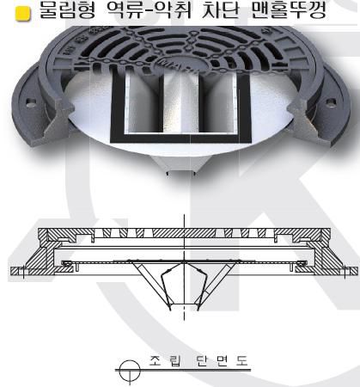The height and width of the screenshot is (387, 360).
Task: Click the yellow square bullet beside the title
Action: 22,14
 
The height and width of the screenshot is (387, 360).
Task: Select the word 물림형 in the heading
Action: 67,10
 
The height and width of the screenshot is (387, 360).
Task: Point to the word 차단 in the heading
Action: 221,10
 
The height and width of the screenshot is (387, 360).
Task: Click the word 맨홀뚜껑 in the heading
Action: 289,10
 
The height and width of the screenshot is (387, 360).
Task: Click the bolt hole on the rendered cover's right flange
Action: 331,101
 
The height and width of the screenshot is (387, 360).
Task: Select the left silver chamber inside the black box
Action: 142,102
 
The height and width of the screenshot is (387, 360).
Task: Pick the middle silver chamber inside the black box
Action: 181,102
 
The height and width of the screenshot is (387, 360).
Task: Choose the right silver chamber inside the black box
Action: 220,102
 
